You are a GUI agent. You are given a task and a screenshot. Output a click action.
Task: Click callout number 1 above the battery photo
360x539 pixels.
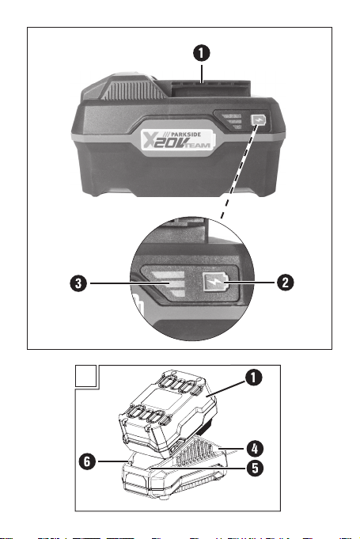[201, 53]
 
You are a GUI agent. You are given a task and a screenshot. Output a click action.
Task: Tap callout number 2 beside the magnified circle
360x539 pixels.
[285, 283]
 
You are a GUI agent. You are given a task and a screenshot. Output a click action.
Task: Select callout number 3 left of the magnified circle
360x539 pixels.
[78, 283]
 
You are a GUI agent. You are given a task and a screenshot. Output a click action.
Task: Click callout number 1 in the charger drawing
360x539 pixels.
[253, 378]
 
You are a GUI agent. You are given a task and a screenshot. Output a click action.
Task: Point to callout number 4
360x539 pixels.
[255, 449]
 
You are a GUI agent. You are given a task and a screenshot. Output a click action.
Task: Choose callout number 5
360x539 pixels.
[255, 468]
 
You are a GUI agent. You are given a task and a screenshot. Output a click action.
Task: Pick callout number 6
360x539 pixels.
[87, 461]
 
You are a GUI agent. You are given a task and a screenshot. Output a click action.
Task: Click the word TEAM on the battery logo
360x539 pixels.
[199, 146]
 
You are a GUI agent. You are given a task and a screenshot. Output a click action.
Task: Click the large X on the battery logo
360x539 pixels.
[149, 140]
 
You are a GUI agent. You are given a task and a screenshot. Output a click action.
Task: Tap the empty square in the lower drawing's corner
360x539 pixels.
[85, 376]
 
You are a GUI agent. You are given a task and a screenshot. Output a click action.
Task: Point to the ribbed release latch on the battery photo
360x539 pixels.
[132, 89]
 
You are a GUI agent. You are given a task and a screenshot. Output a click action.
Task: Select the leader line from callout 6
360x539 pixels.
[112, 461]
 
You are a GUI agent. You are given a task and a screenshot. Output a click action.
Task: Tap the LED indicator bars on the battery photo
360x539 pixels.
[232, 121]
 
